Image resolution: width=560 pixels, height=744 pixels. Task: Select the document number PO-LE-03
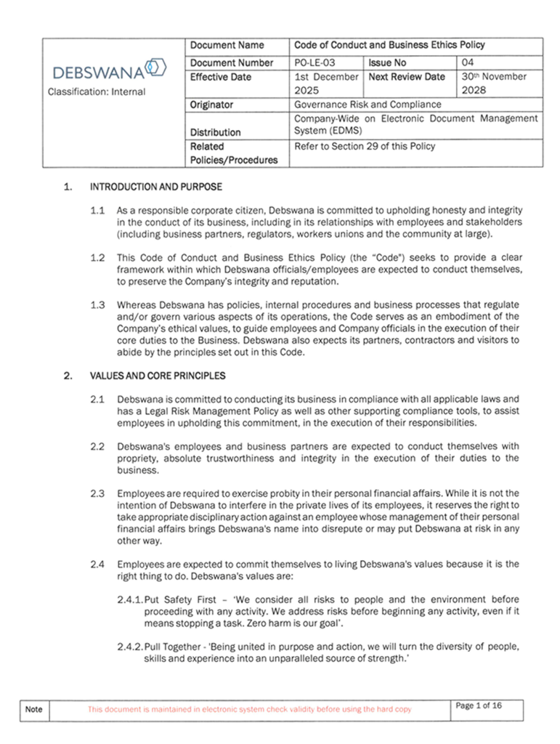pyautogui.click(x=315, y=63)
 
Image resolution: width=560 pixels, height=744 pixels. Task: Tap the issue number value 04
pyautogui.click(x=468, y=63)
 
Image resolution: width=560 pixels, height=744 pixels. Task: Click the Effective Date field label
pyautogui.click(x=220, y=77)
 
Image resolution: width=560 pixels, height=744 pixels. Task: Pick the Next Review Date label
pyautogui.click(x=407, y=77)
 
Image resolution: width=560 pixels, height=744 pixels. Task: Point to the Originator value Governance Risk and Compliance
pyautogui.click(x=368, y=105)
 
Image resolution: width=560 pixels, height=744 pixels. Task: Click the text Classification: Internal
pyautogui.click(x=97, y=92)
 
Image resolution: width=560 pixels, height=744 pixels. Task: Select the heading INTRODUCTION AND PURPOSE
pyautogui.click(x=155, y=187)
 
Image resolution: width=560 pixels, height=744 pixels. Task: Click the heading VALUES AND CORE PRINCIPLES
pyautogui.click(x=158, y=376)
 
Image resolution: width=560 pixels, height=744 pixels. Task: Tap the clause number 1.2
pyautogui.click(x=98, y=257)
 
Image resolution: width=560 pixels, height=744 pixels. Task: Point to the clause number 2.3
pyautogui.click(x=98, y=493)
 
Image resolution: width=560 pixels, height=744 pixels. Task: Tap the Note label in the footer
pyautogui.click(x=34, y=709)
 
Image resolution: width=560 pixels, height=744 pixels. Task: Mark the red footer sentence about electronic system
pyautogui.click(x=249, y=709)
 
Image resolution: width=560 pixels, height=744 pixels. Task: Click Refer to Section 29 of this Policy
pyautogui.click(x=365, y=146)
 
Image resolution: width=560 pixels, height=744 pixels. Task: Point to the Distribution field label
pyautogui.click(x=216, y=132)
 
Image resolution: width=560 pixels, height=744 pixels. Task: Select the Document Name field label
pyautogui.click(x=227, y=45)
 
